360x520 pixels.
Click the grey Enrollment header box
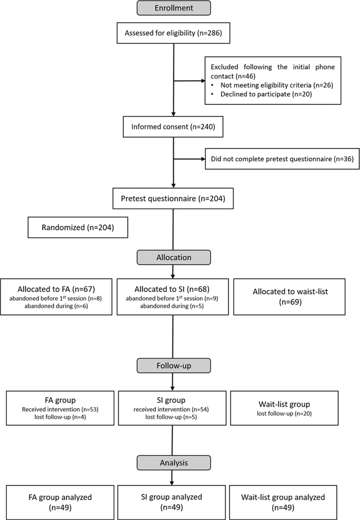click(174, 8)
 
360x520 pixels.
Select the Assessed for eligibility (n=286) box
click(173, 33)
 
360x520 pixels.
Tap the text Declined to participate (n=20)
click(266, 94)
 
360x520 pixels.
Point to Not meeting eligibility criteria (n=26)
click(277, 85)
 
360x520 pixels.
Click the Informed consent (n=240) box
click(173, 127)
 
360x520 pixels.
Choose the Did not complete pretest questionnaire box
click(282, 159)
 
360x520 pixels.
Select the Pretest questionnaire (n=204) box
click(173, 198)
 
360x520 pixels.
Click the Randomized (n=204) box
click(78, 227)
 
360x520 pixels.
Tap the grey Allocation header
click(174, 258)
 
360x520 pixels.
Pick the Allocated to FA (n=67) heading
click(56, 289)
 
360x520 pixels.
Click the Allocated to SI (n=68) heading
click(172, 289)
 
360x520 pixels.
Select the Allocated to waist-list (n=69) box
click(290, 297)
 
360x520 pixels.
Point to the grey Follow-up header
click(174, 366)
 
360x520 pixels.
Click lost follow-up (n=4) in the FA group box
click(60, 417)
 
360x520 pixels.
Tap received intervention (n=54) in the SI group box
click(171, 409)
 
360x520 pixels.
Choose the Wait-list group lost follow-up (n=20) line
click(284, 414)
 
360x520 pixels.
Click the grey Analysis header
click(174, 463)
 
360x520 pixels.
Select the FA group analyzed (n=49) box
click(60, 502)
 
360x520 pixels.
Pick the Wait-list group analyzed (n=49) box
click(283, 502)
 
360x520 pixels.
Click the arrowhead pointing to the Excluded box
click(203, 81)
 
